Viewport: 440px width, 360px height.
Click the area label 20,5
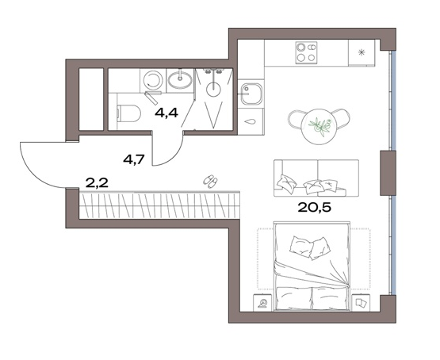[x=314, y=208]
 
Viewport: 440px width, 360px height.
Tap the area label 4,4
[x=166, y=113]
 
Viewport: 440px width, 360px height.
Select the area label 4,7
[x=134, y=160]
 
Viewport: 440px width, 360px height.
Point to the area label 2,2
[x=97, y=183]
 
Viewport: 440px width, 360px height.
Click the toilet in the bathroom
[x=128, y=113]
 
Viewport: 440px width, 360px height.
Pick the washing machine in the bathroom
[x=153, y=80]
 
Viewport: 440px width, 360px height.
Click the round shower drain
[x=213, y=90]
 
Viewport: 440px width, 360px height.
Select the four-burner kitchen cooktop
[x=306, y=52]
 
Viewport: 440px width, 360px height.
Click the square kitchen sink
[x=251, y=94]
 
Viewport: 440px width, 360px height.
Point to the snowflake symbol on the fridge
[x=362, y=52]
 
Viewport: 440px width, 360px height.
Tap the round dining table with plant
[x=319, y=127]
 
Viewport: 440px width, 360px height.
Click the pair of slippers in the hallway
[x=210, y=181]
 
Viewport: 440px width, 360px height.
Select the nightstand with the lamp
[x=262, y=302]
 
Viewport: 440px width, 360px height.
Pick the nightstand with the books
[x=361, y=303]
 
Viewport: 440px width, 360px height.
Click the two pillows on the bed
[x=309, y=247]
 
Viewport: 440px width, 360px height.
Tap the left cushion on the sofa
[x=286, y=183]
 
